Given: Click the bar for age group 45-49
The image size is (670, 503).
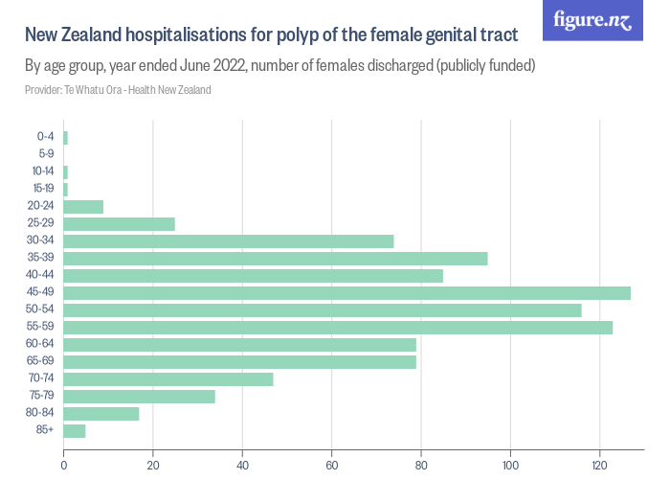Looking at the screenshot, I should (346, 293).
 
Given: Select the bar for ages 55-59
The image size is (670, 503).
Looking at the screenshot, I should (338, 328).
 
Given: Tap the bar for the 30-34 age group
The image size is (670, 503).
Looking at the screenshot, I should (229, 241).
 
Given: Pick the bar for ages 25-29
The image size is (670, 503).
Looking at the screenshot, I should (119, 224).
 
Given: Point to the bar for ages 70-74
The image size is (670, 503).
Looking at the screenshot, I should (168, 379).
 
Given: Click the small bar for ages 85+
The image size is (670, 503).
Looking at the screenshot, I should (75, 431).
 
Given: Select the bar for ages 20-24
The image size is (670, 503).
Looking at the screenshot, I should (83, 207).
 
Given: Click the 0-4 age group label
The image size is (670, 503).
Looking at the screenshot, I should (45, 138).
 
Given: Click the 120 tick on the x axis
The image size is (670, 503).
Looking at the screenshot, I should (599, 467).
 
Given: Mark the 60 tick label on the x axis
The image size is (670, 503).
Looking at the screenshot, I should (331, 467).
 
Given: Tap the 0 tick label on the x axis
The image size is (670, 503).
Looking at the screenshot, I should (63, 467).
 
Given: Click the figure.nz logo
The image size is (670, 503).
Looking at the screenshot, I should (593, 20).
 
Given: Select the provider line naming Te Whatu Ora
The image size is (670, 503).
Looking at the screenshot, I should (118, 90).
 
